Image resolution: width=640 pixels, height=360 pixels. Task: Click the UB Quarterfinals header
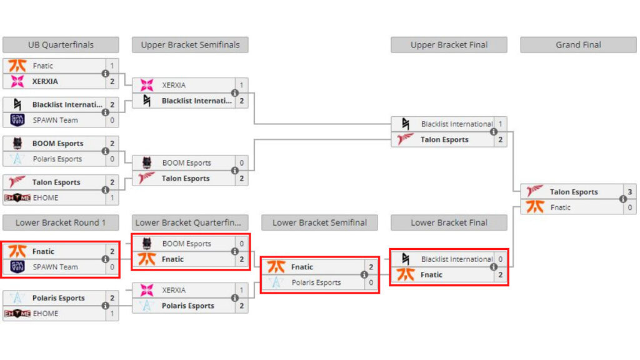(61, 45)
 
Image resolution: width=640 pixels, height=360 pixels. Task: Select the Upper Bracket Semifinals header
(190, 45)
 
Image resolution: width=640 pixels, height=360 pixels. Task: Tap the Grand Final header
(578, 45)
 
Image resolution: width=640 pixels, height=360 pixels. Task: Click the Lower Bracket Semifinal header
(319, 222)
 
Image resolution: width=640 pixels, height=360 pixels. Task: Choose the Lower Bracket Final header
(449, 222)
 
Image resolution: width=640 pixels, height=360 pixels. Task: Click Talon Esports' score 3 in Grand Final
(629, 192)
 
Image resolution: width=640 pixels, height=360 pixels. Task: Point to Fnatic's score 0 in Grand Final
(629, 207)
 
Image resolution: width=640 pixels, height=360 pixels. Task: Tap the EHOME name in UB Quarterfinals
(46, 197)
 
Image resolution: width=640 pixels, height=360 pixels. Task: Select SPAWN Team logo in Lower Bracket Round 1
(17, 267)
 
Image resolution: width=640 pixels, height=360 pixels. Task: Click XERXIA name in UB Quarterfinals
(46, 81)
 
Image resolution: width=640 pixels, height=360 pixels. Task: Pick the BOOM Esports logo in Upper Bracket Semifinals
(147, 163)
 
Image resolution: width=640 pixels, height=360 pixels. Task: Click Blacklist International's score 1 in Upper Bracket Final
(500, 124)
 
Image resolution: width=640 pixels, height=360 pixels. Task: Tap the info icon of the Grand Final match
(622, 199)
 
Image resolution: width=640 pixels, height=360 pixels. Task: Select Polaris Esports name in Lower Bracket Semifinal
(316, 282)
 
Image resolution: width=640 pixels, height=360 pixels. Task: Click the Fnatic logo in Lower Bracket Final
(406, 274)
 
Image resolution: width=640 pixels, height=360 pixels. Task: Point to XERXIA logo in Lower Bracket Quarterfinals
(147, 290)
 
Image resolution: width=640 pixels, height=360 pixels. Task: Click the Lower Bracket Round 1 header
(61, 222)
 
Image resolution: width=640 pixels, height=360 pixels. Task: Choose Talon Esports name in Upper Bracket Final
(444, 140)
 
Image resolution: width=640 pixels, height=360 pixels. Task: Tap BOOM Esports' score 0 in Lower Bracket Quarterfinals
(241, 244)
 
